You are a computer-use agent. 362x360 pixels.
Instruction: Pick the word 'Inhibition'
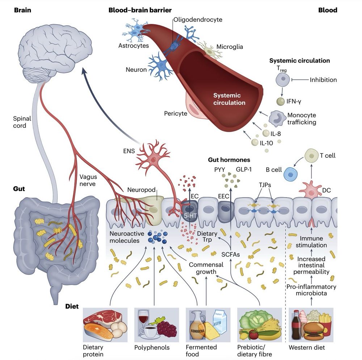pyautogui.click(x=323, y=80)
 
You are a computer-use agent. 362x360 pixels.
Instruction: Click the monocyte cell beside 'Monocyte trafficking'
pyautogui.click(x=277, y=118)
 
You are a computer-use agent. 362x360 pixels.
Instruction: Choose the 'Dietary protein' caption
pyautogui.click(x=94, y=351)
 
